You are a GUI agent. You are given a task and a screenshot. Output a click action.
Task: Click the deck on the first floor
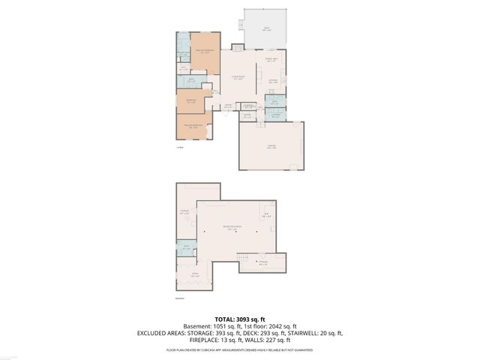tap(265, 28)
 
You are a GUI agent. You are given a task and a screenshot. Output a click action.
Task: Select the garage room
tap(271, 147)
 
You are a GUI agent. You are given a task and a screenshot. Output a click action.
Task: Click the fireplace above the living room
tap(238, 47)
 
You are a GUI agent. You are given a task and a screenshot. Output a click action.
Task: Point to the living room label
tap(238, 79)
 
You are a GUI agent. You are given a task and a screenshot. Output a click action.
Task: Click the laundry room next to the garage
tap(275, 115)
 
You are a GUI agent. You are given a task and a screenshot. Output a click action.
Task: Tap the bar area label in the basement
tap(265, 215)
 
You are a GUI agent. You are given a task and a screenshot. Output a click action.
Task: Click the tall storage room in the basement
tap(185, 212)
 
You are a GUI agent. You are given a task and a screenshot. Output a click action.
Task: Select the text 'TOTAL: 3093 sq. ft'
tap(239, 319)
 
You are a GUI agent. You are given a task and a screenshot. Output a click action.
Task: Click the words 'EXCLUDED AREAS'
tap(163, 333)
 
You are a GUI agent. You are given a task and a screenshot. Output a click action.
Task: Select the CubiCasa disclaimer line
tap(239, 349)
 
